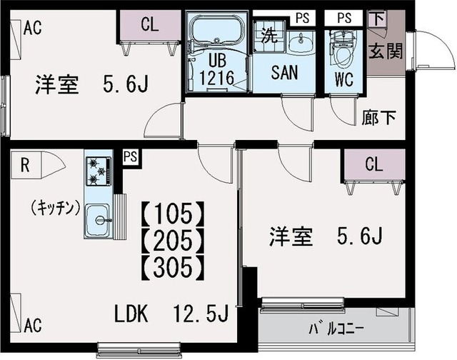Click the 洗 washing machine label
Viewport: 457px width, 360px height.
click(x=268, y=34)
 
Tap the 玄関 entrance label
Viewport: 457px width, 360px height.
click(x=385, y=51)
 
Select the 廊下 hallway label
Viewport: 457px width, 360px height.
click(x=379, y=117)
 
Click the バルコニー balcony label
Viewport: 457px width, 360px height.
click(x=336, y=330)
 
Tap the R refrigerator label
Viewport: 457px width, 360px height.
click(x=25, y=166)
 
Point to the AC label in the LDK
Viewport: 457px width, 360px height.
click(x=31, y=326)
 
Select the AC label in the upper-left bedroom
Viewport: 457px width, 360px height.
click(x=31, y=28)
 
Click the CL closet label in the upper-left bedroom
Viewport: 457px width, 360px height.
click(x=149, y=24)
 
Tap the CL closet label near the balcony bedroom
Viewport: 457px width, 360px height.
click(x=373, y=164)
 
